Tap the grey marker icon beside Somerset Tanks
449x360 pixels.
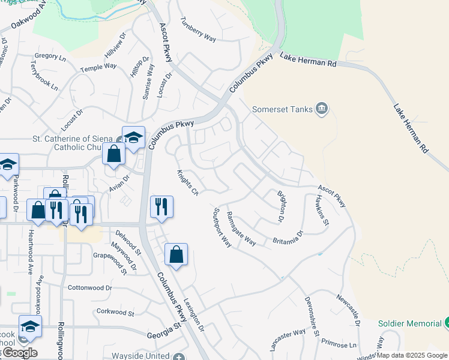[322, 108]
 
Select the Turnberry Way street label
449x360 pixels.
[197, 29]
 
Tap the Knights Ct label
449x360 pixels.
[187, 182]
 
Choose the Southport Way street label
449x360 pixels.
[222, 228]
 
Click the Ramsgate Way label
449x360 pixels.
[241, 229]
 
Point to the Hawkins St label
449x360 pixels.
[322, 210]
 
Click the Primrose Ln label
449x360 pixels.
[338, 345]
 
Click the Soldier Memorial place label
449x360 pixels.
[411, 323]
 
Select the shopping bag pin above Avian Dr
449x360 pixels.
[113, 155]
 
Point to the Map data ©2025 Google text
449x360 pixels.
[412, 355]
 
